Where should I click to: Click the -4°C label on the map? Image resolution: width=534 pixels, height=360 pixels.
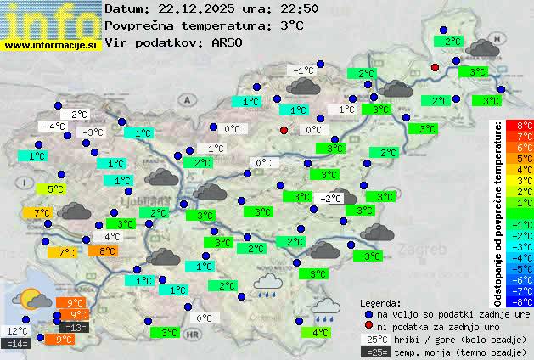click(55, 126)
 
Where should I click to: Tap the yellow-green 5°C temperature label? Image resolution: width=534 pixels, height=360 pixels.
click(54, 189)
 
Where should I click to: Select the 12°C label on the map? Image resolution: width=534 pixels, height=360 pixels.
click(16, 330)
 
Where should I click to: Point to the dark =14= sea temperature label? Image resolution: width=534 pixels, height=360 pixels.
click(16, 343)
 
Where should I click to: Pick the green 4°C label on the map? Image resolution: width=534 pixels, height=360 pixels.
click(319, 332)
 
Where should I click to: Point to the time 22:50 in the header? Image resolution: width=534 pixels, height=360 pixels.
click(300, 9)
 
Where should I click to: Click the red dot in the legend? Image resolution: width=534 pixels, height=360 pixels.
click(369, 325)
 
